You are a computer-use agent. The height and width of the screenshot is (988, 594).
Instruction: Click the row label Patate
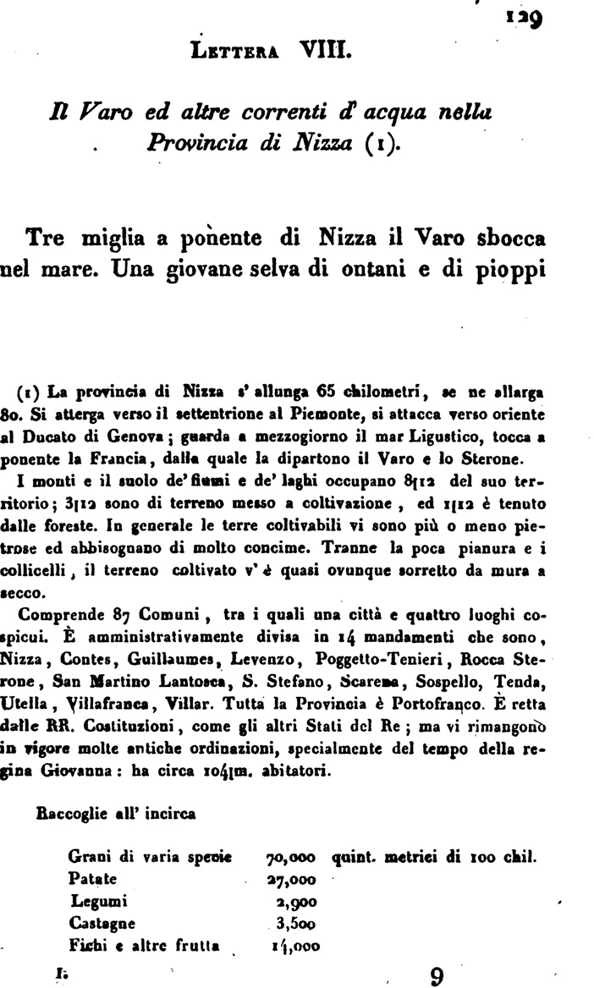(89, 879)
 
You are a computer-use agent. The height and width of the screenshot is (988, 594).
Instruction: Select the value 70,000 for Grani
(290, 861)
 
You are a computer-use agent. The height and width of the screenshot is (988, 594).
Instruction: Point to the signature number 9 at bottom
(437, 975)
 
